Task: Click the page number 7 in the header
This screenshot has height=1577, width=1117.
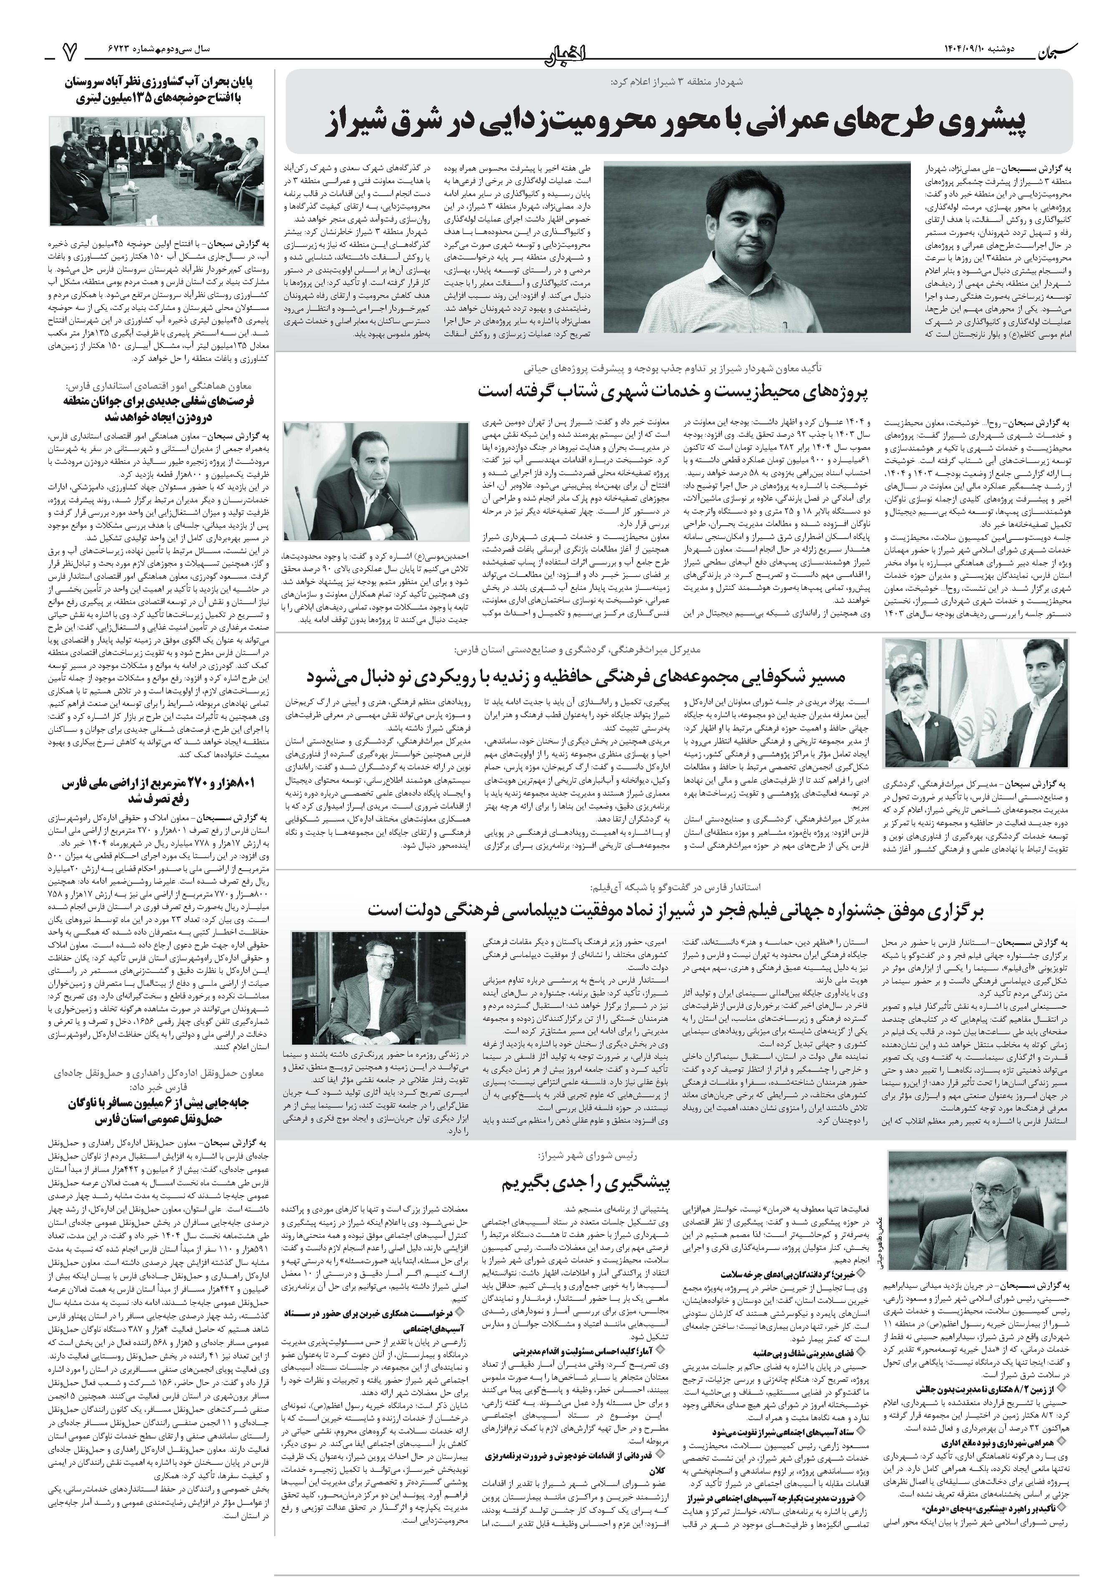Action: (68, 50)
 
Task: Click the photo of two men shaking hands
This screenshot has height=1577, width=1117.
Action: (975, 702)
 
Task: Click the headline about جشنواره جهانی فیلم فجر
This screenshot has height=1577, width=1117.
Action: (676, 909)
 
